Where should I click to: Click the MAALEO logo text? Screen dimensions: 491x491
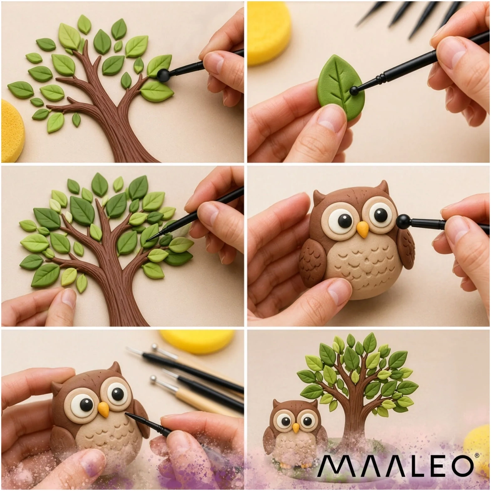(395, 466)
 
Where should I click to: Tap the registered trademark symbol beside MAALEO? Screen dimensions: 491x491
(476, 456)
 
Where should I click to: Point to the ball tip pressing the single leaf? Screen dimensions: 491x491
(354, 91)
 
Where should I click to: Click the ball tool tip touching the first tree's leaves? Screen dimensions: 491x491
(163, 75)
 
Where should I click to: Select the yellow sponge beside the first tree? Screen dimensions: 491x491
(12, 131)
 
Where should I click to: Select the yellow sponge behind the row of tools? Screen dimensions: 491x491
(197, 341)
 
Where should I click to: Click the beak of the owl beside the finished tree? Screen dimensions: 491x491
(296, 427)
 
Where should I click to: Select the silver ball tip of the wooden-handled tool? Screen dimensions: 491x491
(153, 379)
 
